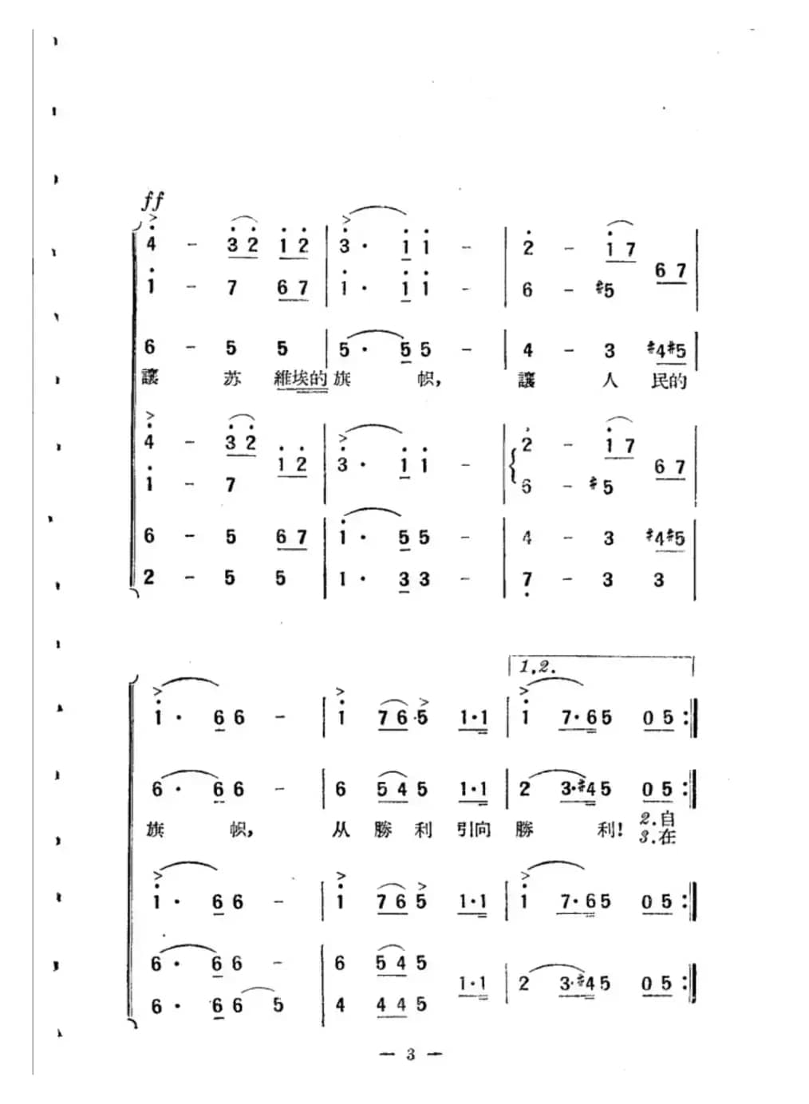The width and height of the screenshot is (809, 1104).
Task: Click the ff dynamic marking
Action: point(152,199)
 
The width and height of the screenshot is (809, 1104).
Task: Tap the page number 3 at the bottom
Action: point(410,1055)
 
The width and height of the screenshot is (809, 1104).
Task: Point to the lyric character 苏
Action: point(231,379)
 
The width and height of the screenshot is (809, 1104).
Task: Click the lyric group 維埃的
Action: point(301,378)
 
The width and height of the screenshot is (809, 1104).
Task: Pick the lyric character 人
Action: point(610,380)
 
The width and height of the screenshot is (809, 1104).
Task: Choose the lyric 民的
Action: point(669,380)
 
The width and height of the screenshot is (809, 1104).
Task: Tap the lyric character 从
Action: point(341,830)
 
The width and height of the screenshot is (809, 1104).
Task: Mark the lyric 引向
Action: point(474,830)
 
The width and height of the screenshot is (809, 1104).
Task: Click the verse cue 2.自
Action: point(657,818)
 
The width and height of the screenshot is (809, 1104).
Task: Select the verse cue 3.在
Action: point(657,838)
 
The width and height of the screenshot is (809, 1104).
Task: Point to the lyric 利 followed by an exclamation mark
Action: point(608,830)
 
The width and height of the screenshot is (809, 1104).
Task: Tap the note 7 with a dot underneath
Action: point(527,581)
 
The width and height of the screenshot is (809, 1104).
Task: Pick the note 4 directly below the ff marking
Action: point(151,245)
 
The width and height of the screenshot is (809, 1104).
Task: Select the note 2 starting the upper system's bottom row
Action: point(149,577)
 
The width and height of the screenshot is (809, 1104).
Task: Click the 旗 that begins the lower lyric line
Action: point(155,830)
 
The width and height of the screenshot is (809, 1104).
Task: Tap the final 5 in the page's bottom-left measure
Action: point(278,1005)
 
